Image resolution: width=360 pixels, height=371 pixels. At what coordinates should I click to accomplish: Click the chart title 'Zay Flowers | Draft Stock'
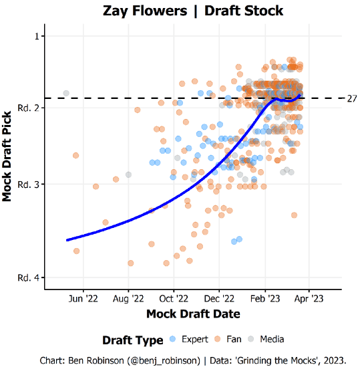click(x=193, y=11)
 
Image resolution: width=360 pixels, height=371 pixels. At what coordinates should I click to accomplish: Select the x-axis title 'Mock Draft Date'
click(x=193, y=314)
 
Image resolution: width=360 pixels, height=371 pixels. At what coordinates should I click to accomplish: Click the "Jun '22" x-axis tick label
click(x=83, y=299)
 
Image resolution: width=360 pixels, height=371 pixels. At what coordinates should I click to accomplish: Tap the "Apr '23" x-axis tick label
click(x=309, y=299)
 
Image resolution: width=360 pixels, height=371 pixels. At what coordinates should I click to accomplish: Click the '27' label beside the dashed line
click(x=352, y=99)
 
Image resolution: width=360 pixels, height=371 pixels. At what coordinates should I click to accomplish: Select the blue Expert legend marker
click(x=173, y=338)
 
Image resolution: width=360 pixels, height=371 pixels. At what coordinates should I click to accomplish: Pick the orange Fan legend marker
click(x=218, y=338)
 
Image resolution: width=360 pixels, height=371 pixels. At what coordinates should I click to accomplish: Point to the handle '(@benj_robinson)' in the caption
click(x=160, y=360)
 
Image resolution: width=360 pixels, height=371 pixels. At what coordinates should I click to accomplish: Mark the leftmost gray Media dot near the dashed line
click(x=65, y=93)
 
